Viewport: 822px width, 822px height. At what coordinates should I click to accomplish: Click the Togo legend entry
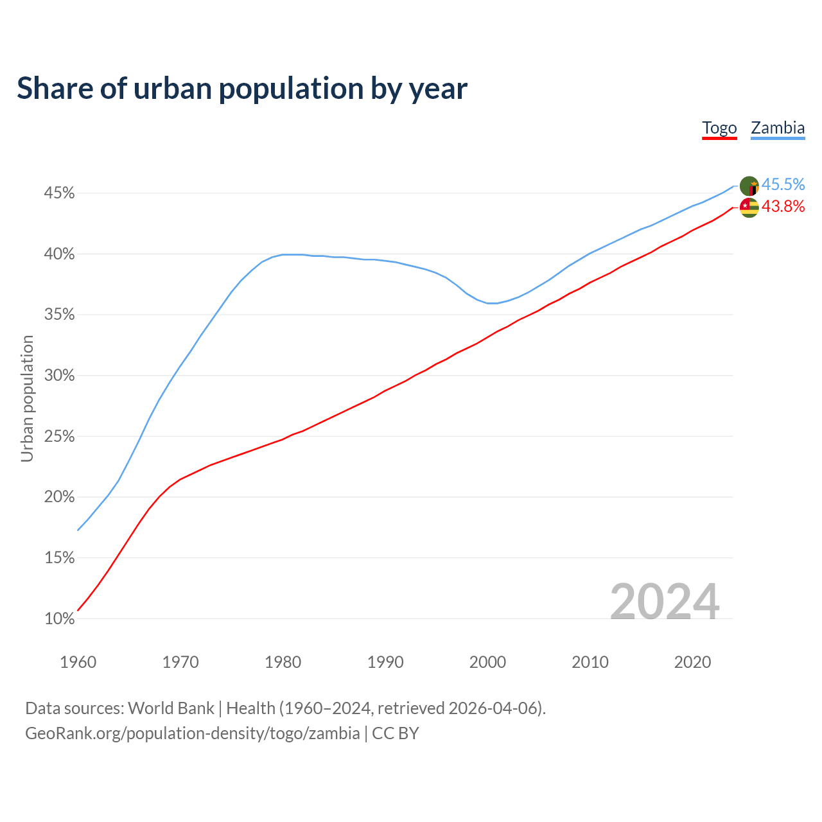(x=719, y=128)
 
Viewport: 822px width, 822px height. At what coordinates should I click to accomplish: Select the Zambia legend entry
(x=778, y=128)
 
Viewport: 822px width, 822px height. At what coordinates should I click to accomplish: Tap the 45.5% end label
(x=783, y=185)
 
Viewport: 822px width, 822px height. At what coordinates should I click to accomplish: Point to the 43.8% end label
(x=783, y=206)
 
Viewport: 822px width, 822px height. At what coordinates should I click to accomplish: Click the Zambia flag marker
(x=749, y=186)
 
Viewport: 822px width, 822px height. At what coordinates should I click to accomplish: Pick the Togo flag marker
(x=749, y=207)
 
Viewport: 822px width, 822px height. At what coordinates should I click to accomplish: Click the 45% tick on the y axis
(x=59, y=193)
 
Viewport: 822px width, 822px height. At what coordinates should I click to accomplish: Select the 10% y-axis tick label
(x=59, y=619)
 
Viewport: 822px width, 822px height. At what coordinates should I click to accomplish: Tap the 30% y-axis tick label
(x=59, y=376)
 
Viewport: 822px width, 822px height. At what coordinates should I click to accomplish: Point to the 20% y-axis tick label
(x=59, y=497)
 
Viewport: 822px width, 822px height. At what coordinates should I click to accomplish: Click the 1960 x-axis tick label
(x=78, y=662)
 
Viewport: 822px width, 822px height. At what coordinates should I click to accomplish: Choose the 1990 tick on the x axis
(x=385, y=662)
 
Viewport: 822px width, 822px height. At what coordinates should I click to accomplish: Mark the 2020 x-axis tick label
(x=692, y=662)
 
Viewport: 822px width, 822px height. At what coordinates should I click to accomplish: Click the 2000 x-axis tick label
(x=487, y=662)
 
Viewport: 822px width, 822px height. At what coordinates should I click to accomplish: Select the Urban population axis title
(x=27, y=398)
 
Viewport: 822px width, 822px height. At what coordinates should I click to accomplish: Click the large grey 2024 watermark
(x=664, y=602)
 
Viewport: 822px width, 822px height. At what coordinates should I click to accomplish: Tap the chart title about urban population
(x=242, y=88)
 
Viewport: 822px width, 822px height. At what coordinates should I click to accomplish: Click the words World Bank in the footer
(x=171, y=708)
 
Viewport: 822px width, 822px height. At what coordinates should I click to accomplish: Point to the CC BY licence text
(x=396, y=733)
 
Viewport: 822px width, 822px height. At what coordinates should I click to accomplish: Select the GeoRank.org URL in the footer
(x=193, y=733)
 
